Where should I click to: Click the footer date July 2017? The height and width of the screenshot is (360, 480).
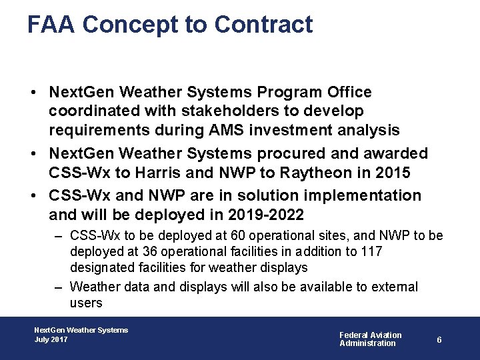pos(51,339)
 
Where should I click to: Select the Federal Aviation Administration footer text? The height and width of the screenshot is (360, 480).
pos(371,339)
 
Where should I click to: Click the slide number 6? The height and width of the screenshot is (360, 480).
pos(439,339)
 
